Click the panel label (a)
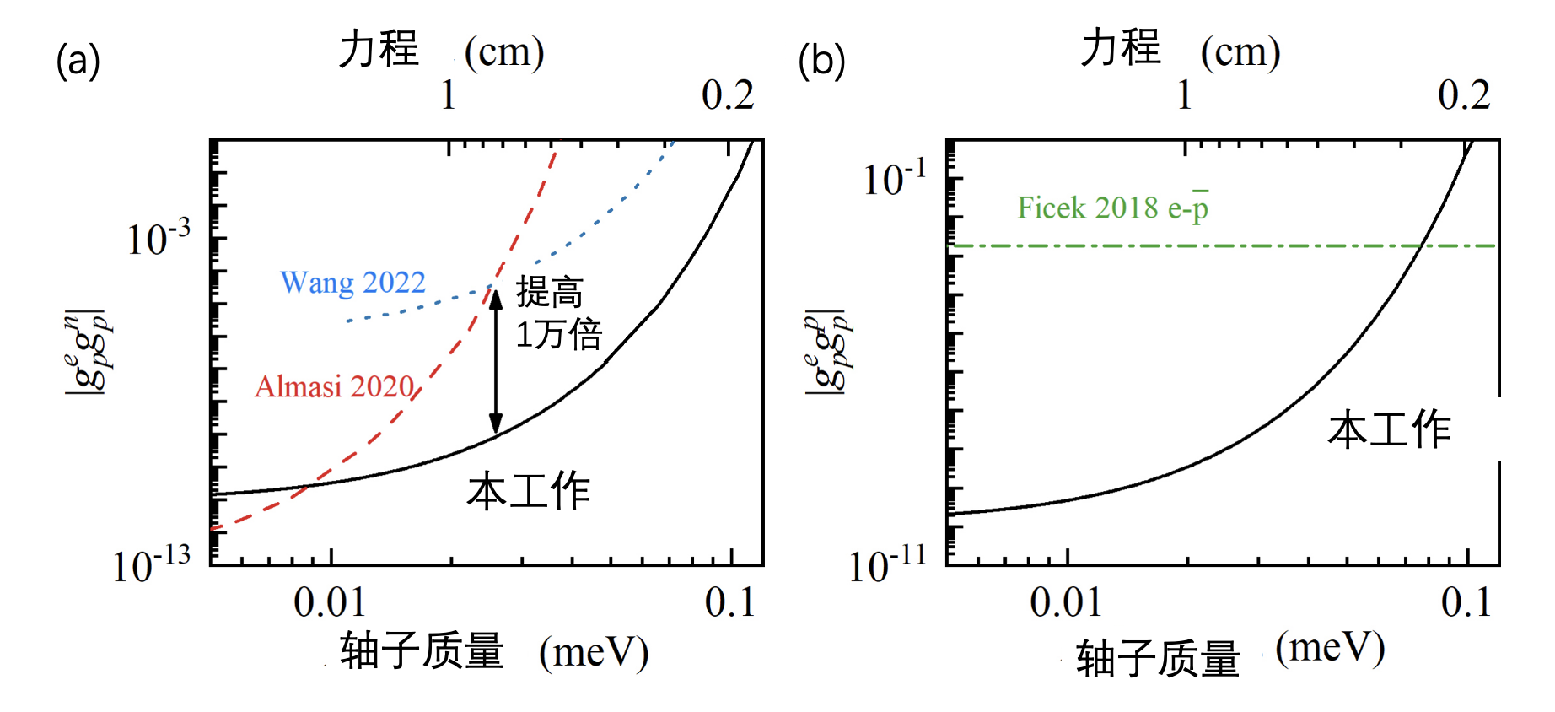tap(78, 62)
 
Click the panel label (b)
tap(821, 62)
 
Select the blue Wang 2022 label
tap(352, 283)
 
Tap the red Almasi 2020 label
tap(335, 386)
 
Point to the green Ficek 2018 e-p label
tap(1112, 208)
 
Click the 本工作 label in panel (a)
tap(529, 492)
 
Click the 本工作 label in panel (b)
tap(1389, 429)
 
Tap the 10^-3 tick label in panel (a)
tap(158, 239)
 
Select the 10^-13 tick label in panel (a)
tap(152, 564)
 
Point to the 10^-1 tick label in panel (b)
tap(894, 179)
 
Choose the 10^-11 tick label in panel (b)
tap(887, 564)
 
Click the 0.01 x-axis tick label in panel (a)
tap(330, 603)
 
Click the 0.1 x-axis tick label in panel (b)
tap(1466, 603)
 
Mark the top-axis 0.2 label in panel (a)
tap(728, 95)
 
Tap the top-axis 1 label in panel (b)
tap(1185, 95)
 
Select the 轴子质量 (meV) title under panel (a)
tap(494, 652)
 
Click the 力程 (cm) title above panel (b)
tap(1181, 50)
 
